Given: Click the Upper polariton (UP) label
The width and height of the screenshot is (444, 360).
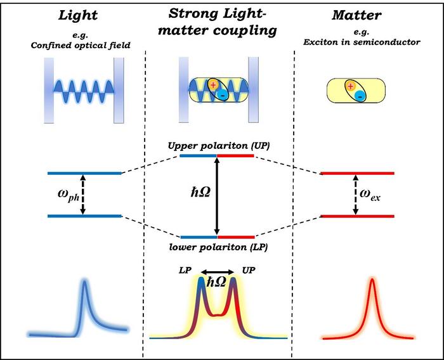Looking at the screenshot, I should coord(217,145).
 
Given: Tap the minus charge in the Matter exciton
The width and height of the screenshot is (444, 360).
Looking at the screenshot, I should coord(360,96).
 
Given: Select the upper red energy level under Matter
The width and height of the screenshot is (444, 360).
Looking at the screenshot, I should coord(358,173).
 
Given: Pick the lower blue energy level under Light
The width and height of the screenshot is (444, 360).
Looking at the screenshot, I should coord(84,216).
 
